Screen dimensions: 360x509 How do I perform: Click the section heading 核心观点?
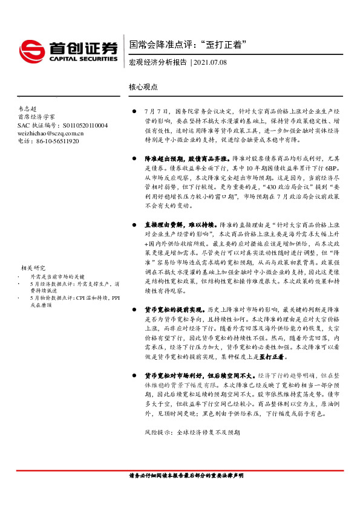point(143,86)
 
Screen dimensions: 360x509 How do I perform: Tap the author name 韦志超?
point(28,108)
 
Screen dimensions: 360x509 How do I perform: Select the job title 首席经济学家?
point(36,117)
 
